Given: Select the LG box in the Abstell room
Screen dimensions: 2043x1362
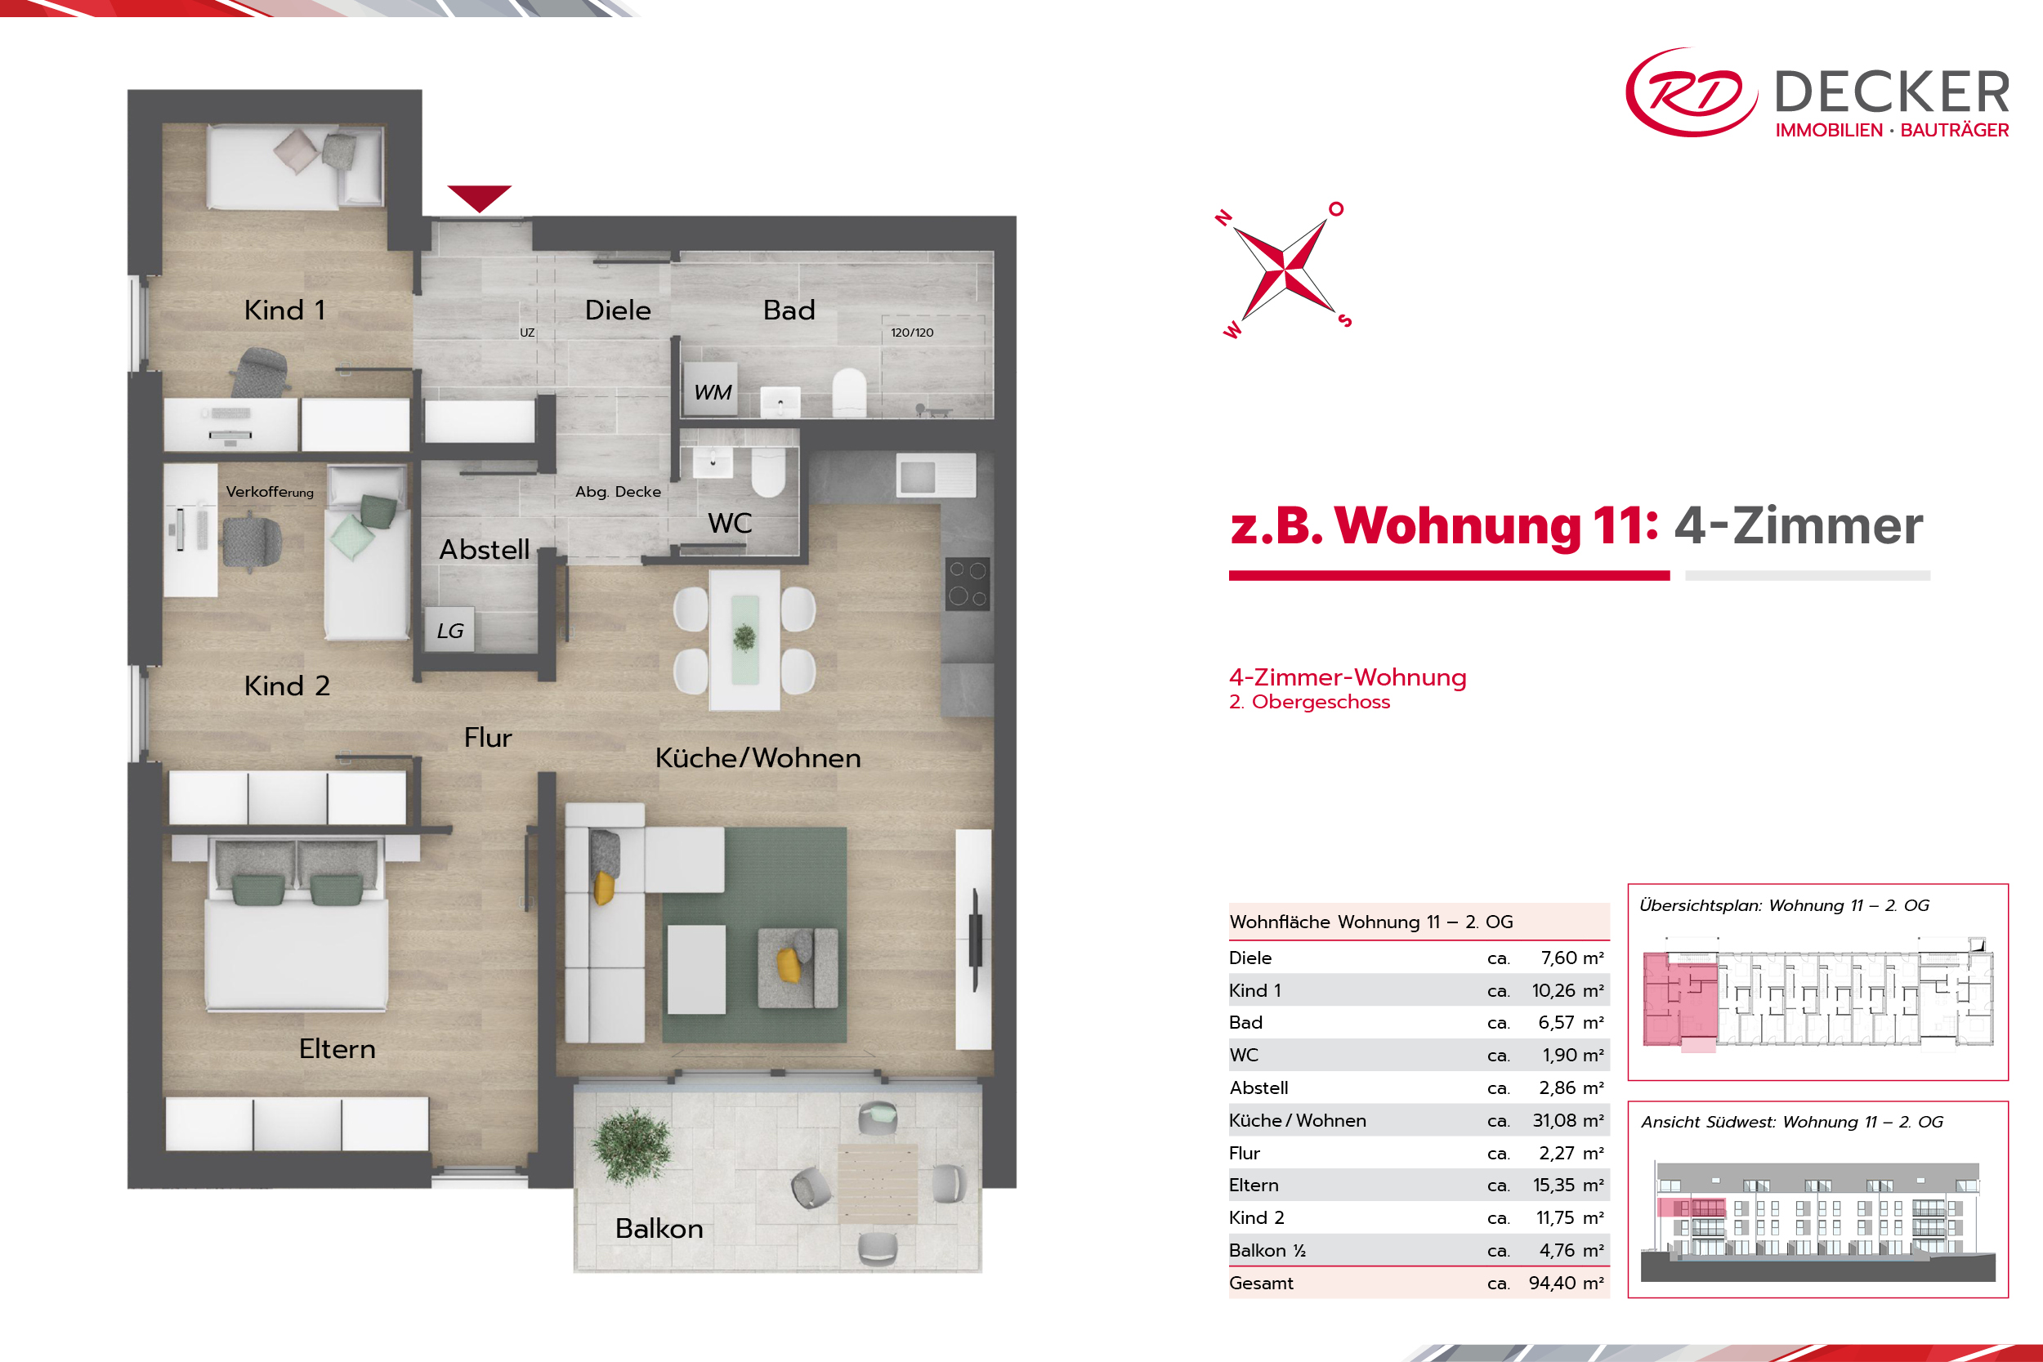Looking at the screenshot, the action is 450,629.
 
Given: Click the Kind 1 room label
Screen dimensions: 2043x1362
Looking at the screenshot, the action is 285,310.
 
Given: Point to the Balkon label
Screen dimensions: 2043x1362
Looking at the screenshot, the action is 659,1228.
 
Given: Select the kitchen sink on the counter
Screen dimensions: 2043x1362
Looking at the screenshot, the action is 937,476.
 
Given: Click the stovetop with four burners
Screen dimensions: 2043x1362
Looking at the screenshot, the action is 968,583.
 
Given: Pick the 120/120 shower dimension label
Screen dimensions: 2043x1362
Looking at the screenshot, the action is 912,333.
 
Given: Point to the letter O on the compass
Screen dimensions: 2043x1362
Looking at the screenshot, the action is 1336,208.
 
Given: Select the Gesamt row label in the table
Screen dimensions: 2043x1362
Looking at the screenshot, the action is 1261,1283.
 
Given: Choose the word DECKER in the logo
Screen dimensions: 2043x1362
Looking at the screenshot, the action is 1892,92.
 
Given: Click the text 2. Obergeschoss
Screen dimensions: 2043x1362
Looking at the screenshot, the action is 1310,702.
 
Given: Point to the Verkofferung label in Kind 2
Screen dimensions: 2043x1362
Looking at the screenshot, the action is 270,492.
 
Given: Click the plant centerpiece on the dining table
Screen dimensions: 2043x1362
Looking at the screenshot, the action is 744,637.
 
